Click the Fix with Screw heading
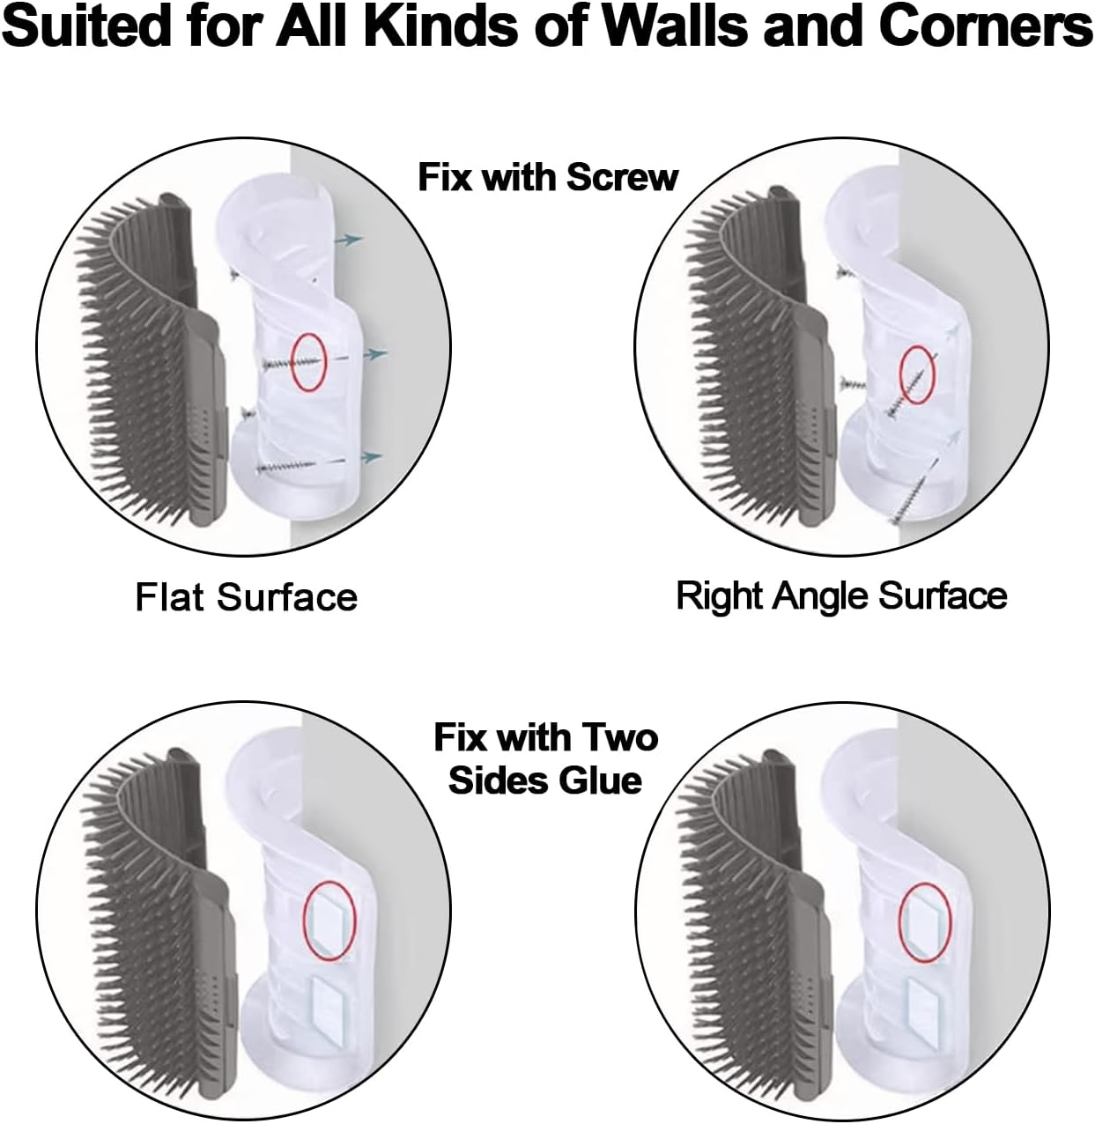547,177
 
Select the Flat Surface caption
246,597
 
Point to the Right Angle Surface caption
840,595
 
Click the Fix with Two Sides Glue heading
545,758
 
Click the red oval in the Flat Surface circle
308,360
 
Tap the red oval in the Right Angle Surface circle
916,374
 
